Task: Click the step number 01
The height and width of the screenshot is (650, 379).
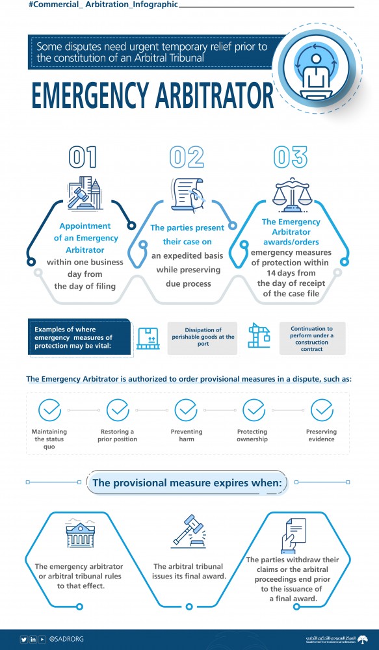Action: point(83,157)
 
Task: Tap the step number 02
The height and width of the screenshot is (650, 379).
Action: point(187,157)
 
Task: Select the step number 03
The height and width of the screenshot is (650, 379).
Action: point(291,157)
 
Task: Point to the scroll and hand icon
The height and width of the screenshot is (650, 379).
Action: point(189,194)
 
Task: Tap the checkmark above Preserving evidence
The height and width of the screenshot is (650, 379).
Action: point(322,410)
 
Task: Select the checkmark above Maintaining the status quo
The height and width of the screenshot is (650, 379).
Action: point(50,410)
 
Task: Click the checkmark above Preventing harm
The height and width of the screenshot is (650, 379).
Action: point(186,410)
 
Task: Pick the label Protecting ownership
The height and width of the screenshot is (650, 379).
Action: point(252,435)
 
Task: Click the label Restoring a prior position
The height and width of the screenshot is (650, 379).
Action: point(118,435)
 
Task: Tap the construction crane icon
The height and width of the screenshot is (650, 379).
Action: point(259,335)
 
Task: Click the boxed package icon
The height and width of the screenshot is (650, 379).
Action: point(148,338)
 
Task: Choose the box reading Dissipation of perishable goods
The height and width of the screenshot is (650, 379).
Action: point(203,338)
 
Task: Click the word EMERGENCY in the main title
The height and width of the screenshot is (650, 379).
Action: point(90,96)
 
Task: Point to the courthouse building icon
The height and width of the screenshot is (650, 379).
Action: point(80,533)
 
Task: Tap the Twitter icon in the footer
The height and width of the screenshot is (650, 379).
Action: point(24,639)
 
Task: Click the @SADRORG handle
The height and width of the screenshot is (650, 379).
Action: point(66,639)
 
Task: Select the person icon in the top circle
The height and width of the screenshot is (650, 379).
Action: point(316,73)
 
